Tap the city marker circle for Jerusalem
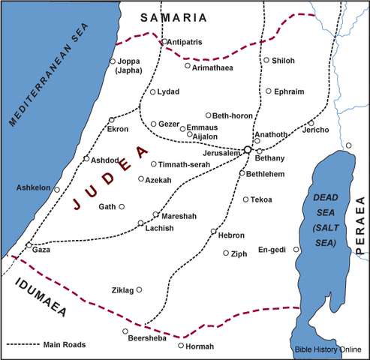[248, 150]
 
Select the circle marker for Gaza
[29, 245]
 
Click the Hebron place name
[231, 235]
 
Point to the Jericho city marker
[311, 123]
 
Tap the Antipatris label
[185, 42]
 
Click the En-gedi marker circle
[296, 250]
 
